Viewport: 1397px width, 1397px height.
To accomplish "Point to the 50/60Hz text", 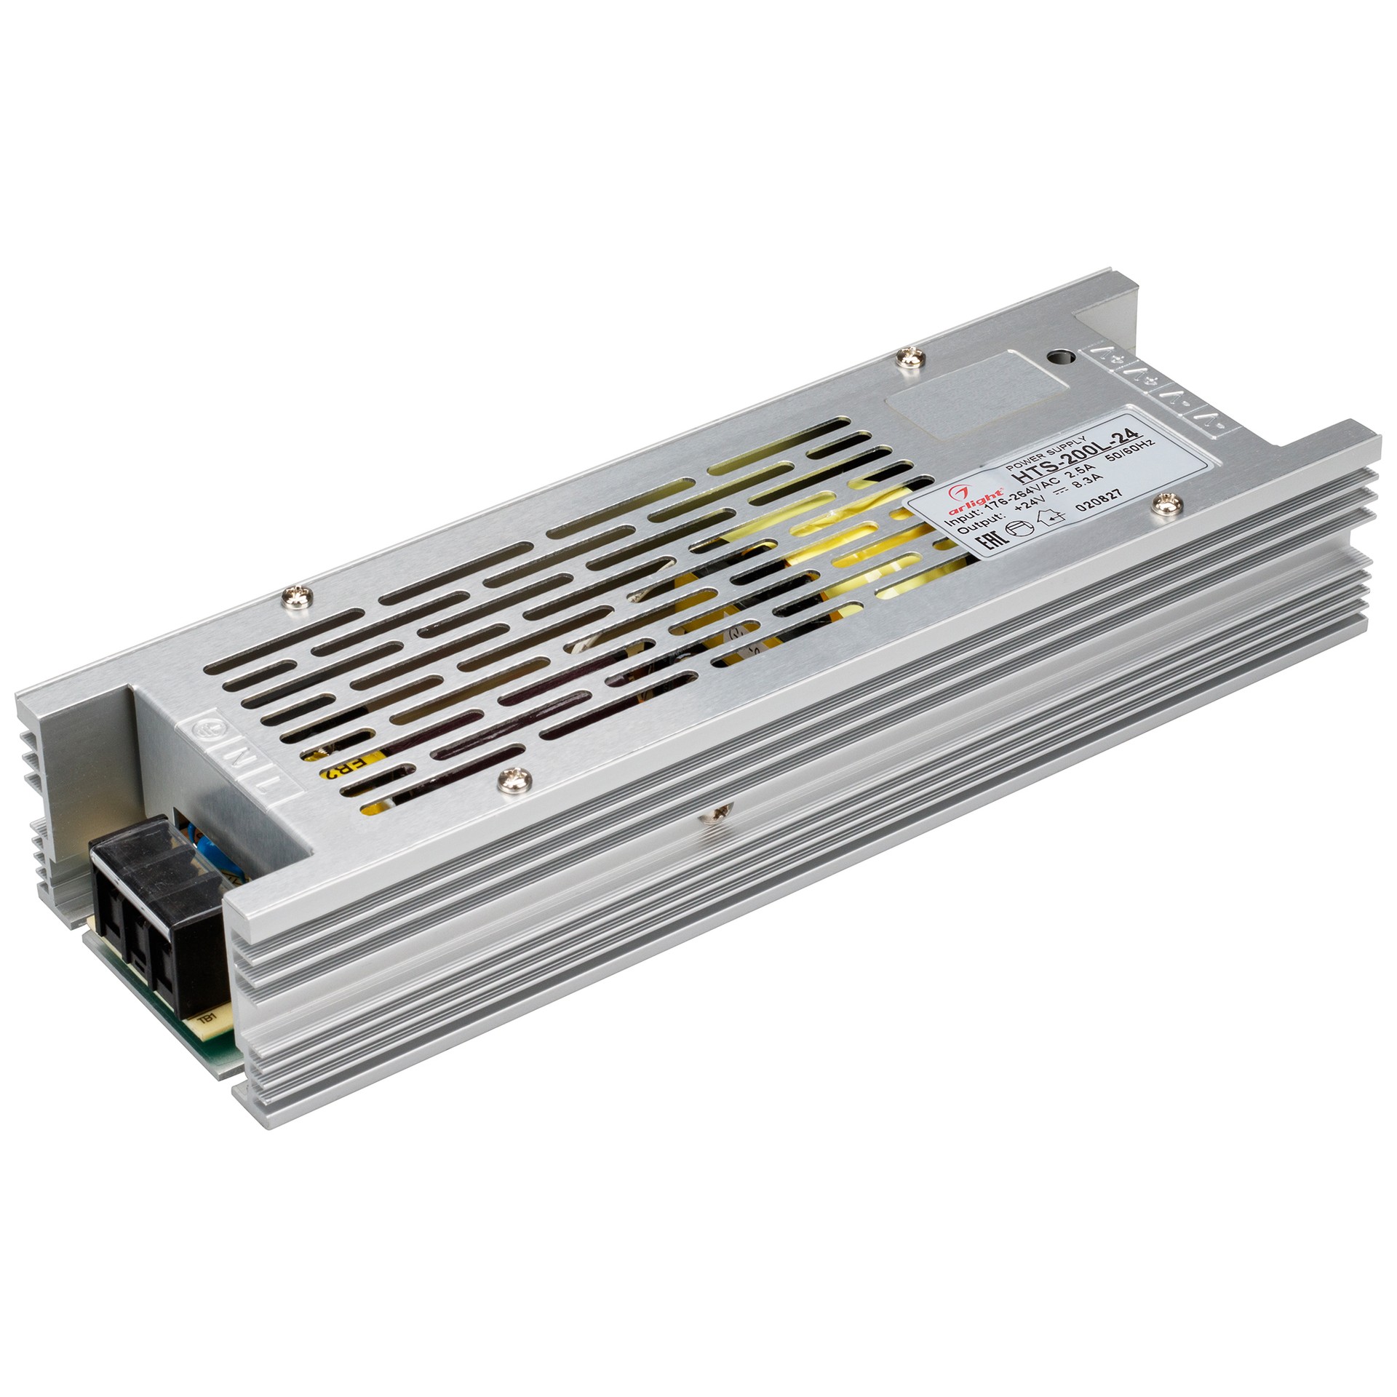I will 1129,458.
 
